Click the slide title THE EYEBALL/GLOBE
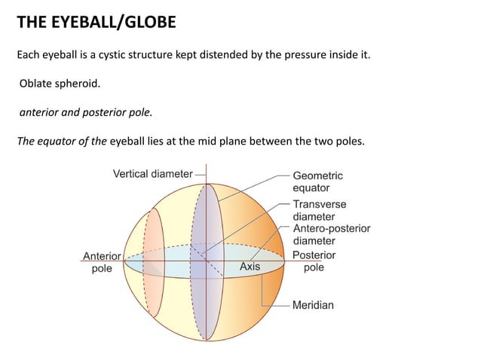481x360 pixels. click(x=96, y=23)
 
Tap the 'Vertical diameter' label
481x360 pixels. click(x=152, y=174)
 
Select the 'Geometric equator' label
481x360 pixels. click(x=317, y=182)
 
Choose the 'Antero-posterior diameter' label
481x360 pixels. click(x=331, y=234)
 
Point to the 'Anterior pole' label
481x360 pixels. click(x=101, y=261)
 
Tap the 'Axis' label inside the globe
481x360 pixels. click(x=250, y=267)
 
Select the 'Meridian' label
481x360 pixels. click(x=313, y=305)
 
